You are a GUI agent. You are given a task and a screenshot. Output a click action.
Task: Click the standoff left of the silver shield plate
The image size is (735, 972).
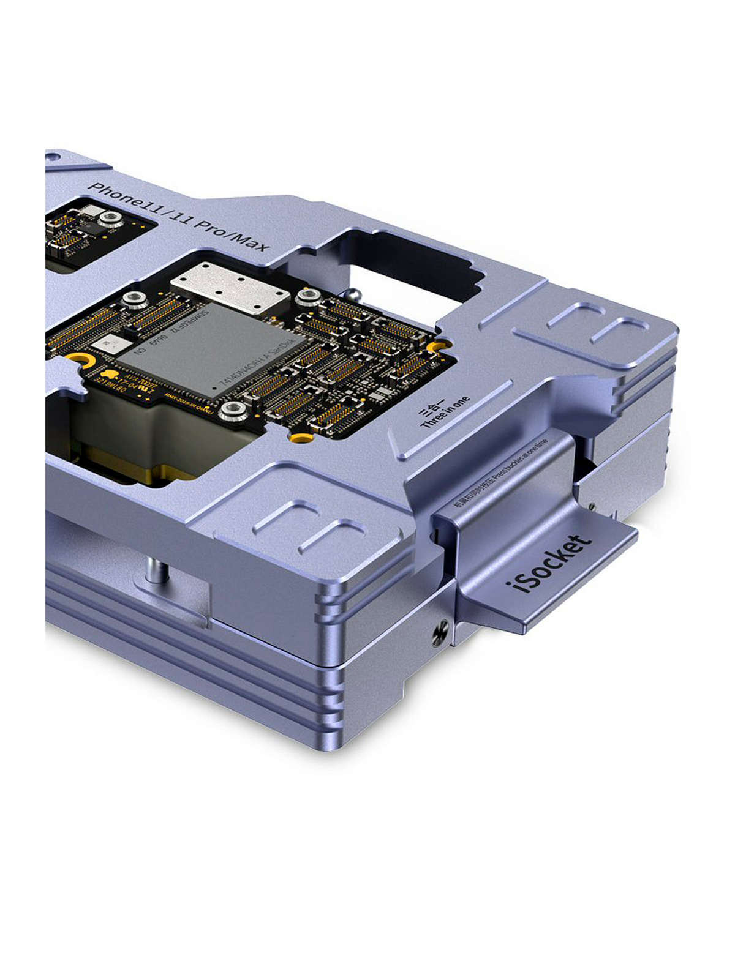click(130, 299)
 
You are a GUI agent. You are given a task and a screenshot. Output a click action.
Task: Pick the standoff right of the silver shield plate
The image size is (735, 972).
click(306, 297)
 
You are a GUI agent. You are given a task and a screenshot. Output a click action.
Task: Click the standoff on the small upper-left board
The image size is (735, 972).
click(110, 218)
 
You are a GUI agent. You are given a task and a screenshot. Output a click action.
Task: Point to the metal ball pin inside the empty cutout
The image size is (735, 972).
click(354, 293)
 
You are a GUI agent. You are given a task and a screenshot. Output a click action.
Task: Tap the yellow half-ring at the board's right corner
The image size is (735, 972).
click(435, 348)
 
